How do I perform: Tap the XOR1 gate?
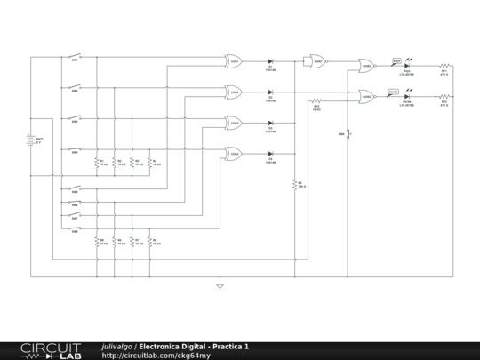pos(234,61)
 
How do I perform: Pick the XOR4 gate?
pos(234,154)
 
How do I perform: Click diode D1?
pos(270,61)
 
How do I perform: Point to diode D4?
pos(270,154)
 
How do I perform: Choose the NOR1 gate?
pos(315,61)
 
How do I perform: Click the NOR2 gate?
pos(365,65)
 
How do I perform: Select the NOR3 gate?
pos(365,96)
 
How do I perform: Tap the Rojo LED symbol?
pos(406,65)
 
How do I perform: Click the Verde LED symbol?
pos(406,96)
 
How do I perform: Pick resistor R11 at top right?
pos(444,65)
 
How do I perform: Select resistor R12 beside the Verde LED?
pos(444,96)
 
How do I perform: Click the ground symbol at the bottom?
pos(220,284)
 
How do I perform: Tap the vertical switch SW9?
pos(348,134)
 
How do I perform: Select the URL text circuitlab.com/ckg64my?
pos(156,356)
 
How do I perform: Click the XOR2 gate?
pos(234,92)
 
